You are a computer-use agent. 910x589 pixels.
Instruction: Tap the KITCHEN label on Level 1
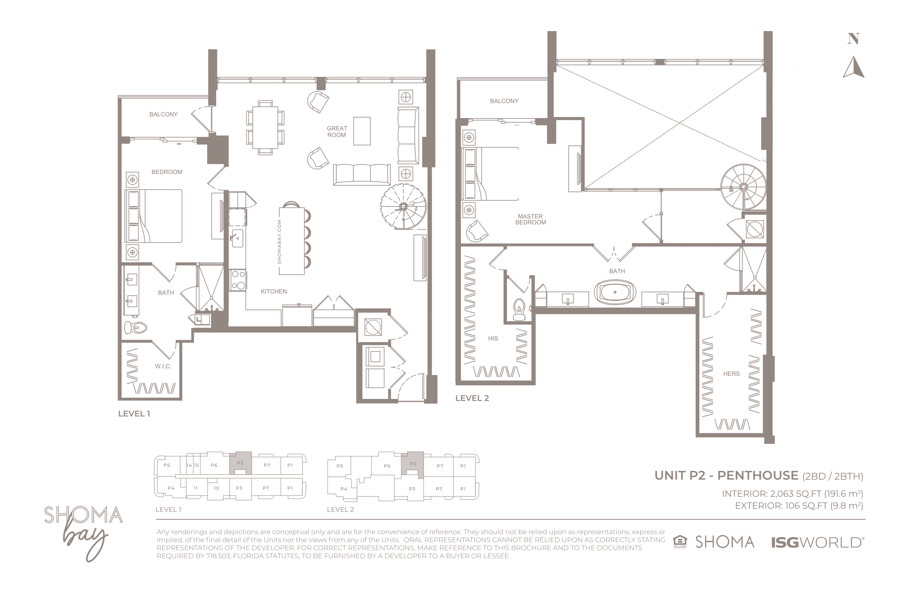[x=274, y=292]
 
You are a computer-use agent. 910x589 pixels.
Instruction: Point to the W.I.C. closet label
[x=163, y=367]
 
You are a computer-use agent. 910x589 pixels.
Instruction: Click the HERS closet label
[x=731, y=374]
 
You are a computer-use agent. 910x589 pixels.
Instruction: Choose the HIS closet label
[x=493, y=338]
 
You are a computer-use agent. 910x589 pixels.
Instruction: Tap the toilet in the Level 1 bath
[x=136, y=327]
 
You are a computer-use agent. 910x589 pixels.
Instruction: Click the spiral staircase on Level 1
[x=403, y=206]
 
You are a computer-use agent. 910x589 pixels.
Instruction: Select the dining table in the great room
[x=265, y=128]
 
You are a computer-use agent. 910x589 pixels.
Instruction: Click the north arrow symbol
[x=854, y=67]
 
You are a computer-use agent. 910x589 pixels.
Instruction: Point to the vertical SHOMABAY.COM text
[x=279, y=242]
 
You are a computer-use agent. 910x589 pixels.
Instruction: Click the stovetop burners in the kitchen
[x=238, y=280]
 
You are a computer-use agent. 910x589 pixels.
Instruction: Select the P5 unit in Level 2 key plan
[x=340, y=466]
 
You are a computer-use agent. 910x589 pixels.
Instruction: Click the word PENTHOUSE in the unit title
[x=758, y=475]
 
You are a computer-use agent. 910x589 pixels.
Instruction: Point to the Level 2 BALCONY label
[x=504, y=101]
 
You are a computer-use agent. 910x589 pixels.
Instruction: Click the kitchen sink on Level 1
[x=237, y=238]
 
